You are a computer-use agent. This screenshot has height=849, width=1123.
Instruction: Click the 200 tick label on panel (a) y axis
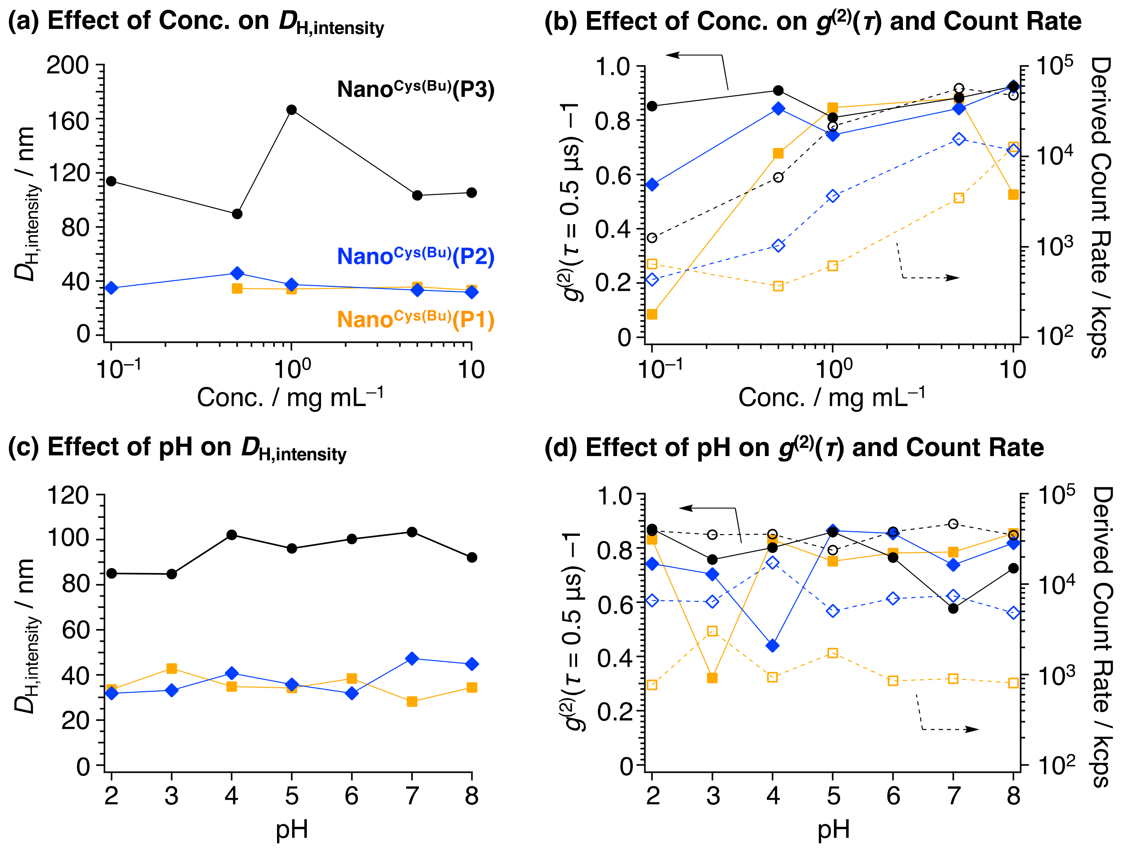(67, 66)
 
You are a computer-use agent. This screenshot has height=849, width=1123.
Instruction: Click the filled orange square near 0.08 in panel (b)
(652, 314)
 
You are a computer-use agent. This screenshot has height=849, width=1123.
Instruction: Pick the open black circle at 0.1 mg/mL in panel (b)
(652, 238)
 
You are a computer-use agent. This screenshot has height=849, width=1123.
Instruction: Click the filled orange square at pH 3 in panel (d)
(712, 678)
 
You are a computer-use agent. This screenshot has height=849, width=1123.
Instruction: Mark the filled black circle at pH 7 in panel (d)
(953, 608)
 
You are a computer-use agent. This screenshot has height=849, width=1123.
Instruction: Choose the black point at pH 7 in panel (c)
(412, 532)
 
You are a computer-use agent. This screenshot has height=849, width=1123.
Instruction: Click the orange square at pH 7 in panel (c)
(412, 701)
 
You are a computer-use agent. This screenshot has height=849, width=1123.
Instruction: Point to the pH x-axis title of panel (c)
(292, 829)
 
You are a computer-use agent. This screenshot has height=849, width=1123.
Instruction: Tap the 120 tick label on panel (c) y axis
(67, 495)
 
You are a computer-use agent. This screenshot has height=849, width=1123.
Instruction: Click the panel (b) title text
(812, 21)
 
